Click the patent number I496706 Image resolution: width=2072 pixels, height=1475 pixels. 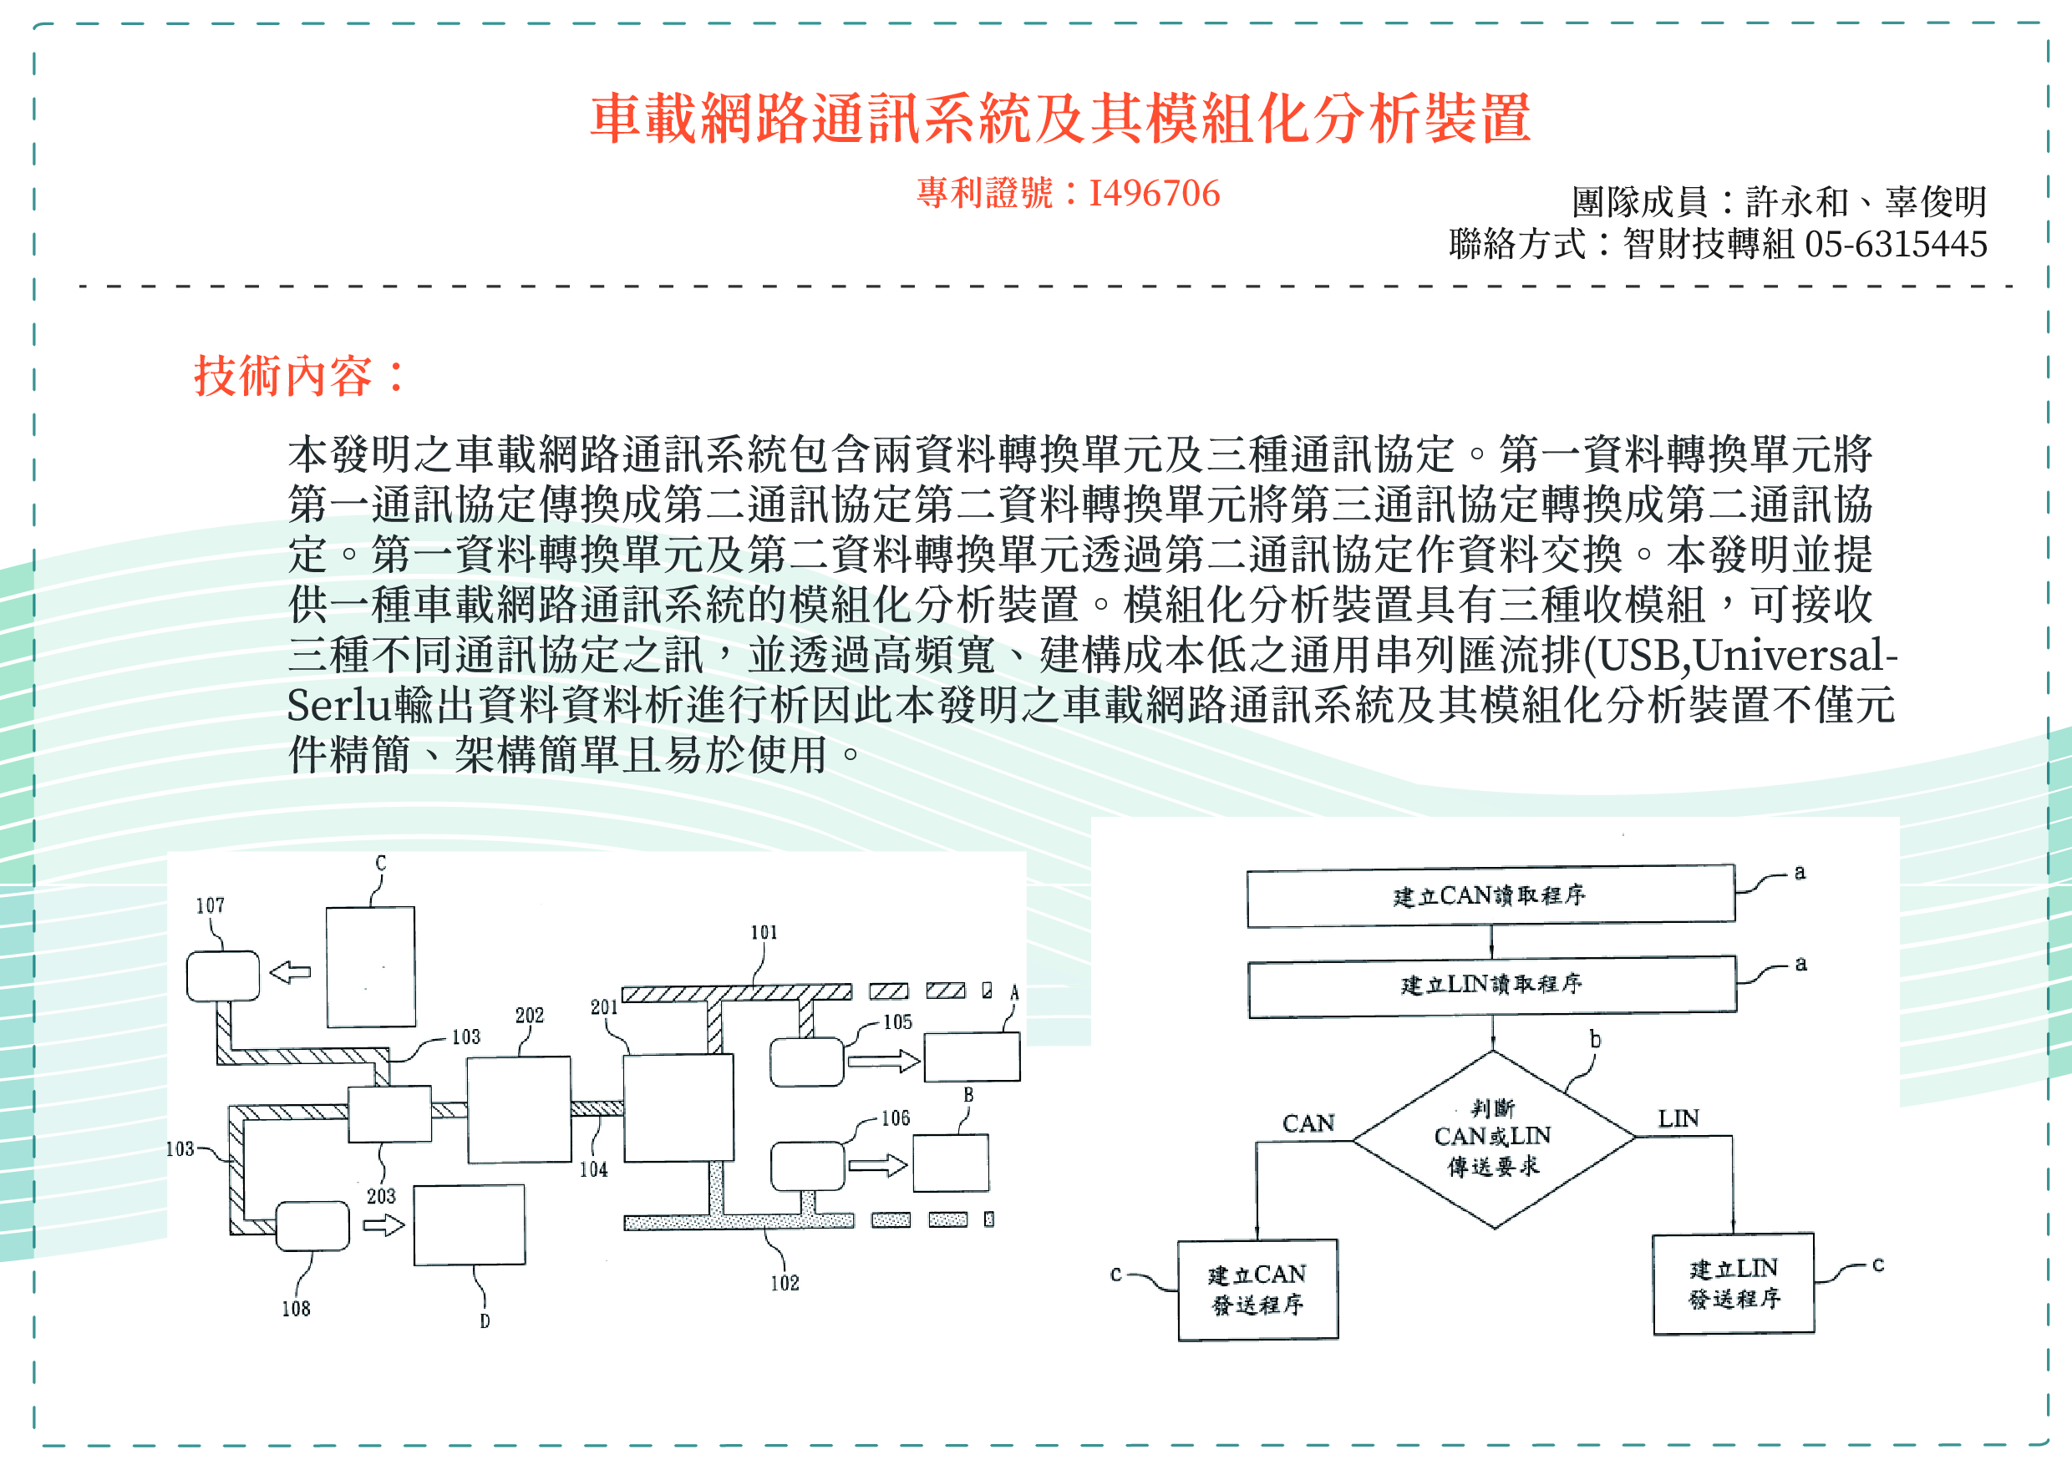1154,194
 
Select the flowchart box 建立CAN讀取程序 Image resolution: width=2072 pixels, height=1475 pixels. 1490,895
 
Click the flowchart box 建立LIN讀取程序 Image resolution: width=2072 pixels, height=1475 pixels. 1491,986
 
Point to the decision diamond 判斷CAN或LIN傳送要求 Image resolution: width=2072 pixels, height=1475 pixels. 1492,1138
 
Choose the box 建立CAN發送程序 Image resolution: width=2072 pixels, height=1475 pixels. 1257,1290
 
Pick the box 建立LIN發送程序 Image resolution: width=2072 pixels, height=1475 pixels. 1733,1284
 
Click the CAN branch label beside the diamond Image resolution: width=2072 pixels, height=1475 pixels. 1308,1124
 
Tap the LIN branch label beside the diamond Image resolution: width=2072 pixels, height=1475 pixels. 1678,1119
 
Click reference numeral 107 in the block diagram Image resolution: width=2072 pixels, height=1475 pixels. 210,905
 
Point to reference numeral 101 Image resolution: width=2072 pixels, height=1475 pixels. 764,933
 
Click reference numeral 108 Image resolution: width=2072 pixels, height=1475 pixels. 295,1309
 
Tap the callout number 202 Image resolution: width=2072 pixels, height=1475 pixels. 530,1016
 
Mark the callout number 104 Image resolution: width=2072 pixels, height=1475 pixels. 593,1170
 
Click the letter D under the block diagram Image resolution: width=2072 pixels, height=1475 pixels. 485,1321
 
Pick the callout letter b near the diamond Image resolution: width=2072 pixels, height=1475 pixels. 1595,1039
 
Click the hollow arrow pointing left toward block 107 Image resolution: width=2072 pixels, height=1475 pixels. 291,973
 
